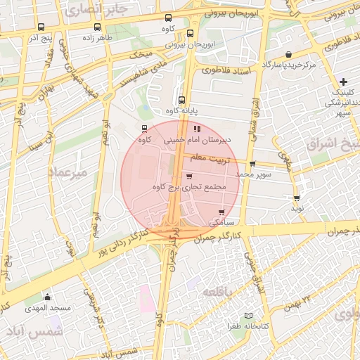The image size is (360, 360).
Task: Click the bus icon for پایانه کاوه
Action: pyautogui.click(x=182, y=100)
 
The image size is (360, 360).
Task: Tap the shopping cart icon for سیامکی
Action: pyautogui.click(x=222, y=212)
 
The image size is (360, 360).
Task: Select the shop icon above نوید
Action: pyautogui.click(x=297, y=198)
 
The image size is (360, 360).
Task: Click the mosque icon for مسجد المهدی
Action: pyautogui.click(x=47, y=297)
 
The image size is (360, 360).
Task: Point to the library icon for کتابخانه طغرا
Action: pyautogui.click(x=246, y=316)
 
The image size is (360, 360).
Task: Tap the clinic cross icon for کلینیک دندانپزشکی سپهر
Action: pyautogui.click(x=343, y=82)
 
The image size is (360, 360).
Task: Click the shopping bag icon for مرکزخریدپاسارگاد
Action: pyautogui.click(x=289, y=54)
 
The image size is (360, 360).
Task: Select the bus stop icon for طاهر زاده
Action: pyautogui.click(x=96, y=27)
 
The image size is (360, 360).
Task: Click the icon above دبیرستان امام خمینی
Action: pyautogui.click(x=196, y=129)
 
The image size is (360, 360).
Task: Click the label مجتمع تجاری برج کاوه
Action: pyautogui.click(x=188, y=188)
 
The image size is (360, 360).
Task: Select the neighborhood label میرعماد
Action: pyautogui.click(x=67, y=171)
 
